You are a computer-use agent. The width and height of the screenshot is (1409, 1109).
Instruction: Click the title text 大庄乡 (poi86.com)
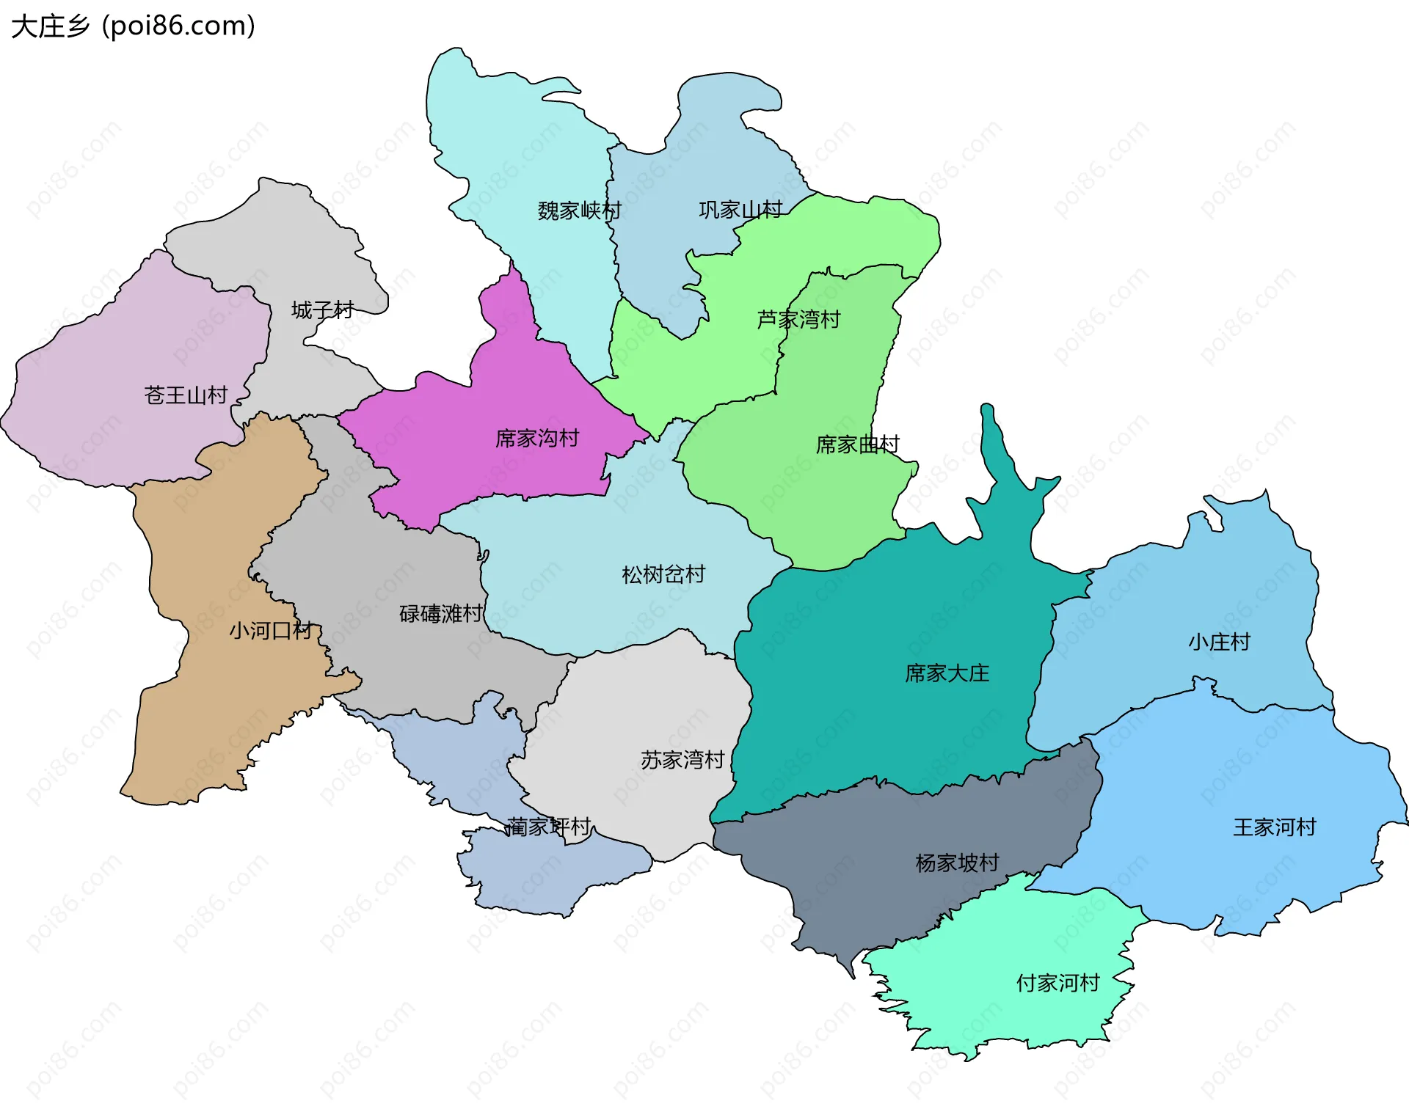[134, 26]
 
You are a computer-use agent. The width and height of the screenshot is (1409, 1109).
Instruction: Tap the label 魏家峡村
[579, 211]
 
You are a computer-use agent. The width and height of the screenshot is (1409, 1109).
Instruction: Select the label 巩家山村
[740, 211]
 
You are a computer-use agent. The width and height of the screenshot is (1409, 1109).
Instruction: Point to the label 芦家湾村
[798, 320]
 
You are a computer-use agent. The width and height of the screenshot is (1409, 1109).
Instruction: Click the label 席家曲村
[857, 444]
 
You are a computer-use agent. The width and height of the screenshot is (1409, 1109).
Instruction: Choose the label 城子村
[322, 310]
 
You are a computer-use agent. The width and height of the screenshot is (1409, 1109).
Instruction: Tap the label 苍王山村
[186, 395]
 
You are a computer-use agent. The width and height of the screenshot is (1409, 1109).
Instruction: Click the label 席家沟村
[537, 439]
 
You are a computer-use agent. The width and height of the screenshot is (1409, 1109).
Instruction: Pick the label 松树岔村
[663, 574]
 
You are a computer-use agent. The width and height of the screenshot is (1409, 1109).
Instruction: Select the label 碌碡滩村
[441, 613]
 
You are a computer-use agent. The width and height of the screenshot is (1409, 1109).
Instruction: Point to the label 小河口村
[271, 631]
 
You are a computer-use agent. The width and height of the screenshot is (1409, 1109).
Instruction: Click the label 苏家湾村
[682, 760]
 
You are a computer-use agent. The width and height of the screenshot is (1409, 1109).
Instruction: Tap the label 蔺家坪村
[549, 827]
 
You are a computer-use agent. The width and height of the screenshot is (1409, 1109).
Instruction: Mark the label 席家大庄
[947, 673]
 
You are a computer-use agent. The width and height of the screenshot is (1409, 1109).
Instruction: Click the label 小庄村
[1219, 643]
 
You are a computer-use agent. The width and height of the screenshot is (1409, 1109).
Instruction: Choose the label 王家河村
[1275, 827]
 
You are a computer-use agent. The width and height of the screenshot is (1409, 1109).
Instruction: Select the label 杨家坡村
[957, 863]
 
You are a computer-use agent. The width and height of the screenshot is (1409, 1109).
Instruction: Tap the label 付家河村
[1057, 983]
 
